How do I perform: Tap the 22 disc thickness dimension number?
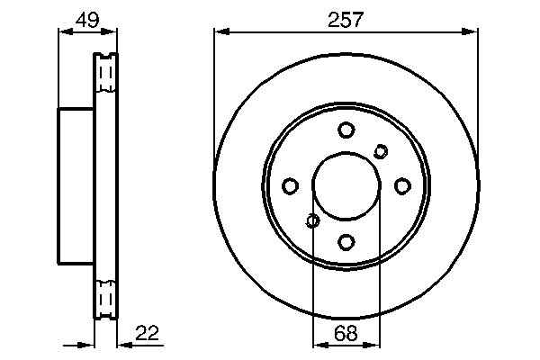(x=148, y=334)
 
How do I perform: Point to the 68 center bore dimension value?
(x=346, y=334)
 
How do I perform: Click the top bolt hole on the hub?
(x=346, y=130)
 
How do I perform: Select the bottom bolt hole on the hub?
(x=346, y=241)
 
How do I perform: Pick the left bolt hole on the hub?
(x=290, y=186)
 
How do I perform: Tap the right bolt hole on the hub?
(x=402, y=185)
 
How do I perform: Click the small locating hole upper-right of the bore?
(x=381, y=151)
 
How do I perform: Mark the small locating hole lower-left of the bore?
(x=312, y=220)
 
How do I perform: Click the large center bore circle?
(x=346, y=186)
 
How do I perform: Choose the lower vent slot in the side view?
(x=106, y=298)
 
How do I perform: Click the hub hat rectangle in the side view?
(x=76, y=185)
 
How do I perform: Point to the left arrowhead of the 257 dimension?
(x=219, y=32)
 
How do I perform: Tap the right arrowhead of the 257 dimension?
(x=472, y=32)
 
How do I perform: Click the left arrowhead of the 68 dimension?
(x=317, y=344)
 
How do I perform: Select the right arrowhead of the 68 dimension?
(x=375, y=344)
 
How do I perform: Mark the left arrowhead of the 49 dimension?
(x=63, y=32)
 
